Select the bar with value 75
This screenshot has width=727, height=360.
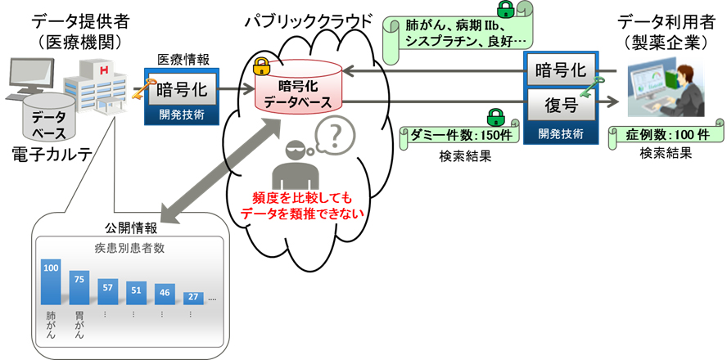click(x=79, y=288)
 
